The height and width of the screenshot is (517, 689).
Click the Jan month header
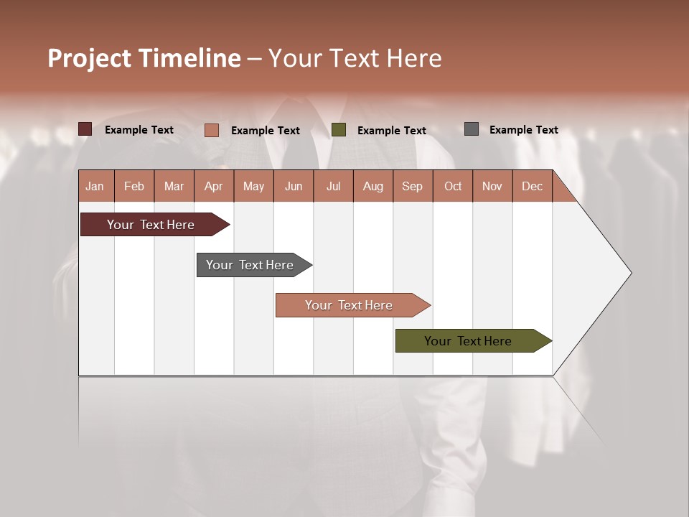95,186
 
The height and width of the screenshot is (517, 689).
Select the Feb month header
134,186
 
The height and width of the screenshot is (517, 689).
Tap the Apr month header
213,186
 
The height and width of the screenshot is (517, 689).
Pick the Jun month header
294,186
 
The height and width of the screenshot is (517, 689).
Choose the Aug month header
372,186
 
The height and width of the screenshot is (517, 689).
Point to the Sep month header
412,186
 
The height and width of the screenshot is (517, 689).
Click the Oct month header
453,186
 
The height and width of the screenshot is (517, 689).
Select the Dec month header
532,186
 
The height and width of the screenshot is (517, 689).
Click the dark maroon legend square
85,129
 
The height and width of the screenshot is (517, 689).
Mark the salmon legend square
212,130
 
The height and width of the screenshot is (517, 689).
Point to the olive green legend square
339,130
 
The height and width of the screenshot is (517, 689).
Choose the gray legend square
472,129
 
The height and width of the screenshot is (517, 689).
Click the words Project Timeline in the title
144,58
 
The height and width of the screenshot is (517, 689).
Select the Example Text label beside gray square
523,130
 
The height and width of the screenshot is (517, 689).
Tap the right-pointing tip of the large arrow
629,273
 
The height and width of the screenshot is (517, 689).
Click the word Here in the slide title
414,58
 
